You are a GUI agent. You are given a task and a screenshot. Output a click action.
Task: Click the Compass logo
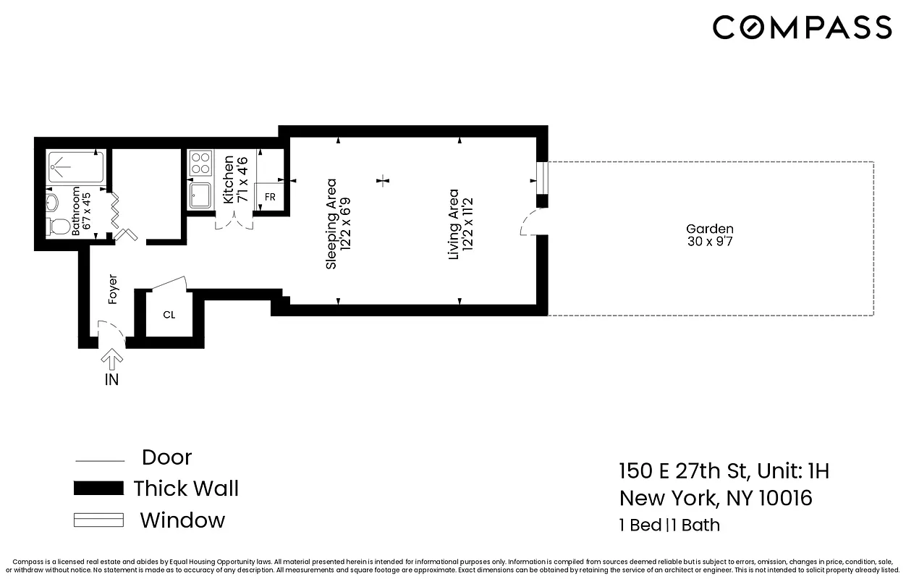point(802,28)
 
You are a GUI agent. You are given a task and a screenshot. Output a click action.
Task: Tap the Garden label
point(710,229)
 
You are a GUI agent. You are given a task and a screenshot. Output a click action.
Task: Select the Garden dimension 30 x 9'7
point(710,242)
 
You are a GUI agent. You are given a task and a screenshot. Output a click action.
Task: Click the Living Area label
point(454,224)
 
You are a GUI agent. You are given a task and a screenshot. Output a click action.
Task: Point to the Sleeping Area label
point(331,224)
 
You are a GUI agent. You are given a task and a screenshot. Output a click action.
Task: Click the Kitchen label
point(229,179)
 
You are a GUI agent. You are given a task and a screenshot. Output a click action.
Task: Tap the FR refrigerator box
point(269,196)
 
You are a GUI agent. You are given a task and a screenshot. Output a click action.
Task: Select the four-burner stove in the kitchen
point(200,163)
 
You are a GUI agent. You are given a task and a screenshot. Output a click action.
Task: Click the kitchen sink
point(200,196)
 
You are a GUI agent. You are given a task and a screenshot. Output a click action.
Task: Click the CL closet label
point(169,315)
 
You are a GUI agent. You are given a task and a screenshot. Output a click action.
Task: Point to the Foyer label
point(113,289)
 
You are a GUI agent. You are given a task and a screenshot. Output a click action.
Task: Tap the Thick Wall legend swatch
point(98,489)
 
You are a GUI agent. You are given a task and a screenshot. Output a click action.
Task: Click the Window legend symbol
point(98,520)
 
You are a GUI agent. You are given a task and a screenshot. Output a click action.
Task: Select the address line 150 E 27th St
point(724,471)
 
